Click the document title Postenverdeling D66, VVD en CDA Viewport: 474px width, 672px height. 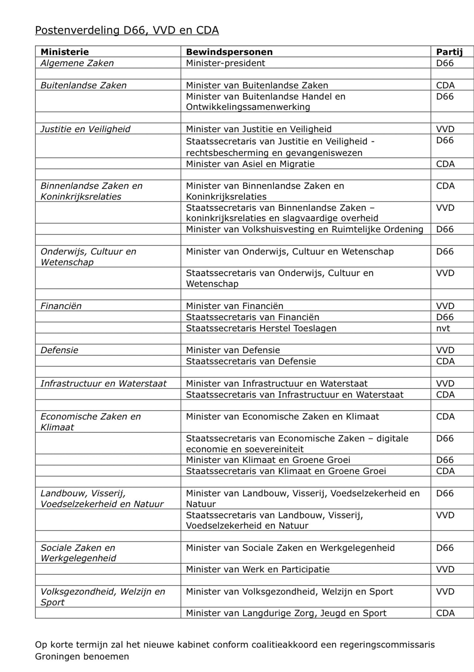[x=127, y=30]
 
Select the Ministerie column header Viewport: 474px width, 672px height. [x=64, y=52]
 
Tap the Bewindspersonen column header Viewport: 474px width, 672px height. [x=229, y=52]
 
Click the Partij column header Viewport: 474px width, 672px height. [x=449, y=52]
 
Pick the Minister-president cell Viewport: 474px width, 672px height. [x=225, y=63]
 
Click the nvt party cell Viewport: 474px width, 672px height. [x=443, y=328]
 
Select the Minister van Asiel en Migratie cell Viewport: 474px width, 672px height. [x=250, y=164]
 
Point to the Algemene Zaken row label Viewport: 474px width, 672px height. [x=77, y=63]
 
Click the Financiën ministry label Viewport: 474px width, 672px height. [x=61, y=306]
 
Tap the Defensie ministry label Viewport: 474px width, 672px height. [x=59, y=350]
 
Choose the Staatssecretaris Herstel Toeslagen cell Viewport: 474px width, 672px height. [x=261, y=328]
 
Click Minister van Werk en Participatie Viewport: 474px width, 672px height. [x=258, y=569]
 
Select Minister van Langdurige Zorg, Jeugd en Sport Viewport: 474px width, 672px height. [x=286, y=613]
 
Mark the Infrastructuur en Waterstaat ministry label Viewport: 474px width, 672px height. [x=103, y=383]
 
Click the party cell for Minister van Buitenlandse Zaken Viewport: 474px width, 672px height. [x=445, y=85]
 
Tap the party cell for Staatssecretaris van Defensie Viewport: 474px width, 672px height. [x=445, y=361]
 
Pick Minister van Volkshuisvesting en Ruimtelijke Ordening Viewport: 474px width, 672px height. [x=304, y=229]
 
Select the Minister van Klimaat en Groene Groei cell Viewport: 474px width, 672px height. [x=268, y=460]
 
